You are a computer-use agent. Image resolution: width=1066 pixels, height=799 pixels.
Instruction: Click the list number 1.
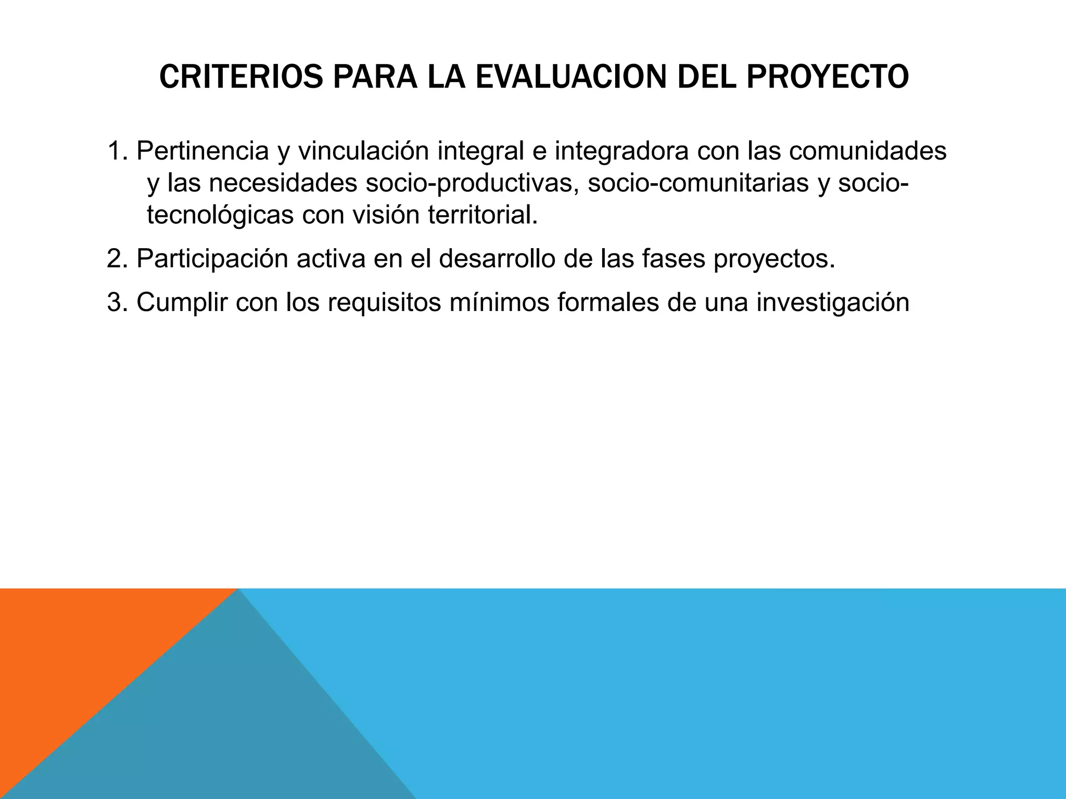[x=115, y=151]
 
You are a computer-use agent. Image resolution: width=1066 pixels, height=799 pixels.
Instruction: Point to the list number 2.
[x=115, y=259]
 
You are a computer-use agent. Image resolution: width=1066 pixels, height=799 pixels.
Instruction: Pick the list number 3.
[x=115, y=302]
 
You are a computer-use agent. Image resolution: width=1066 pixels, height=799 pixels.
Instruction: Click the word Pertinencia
[x=202, y=151]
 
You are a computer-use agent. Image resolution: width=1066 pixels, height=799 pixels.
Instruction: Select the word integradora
[x=621, y=151]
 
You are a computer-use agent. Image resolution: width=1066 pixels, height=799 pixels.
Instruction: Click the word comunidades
[x=867, y=151]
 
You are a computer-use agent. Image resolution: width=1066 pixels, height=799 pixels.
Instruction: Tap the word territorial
[x=483, y=215]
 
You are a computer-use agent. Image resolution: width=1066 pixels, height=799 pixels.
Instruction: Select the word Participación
[x=212, y=259]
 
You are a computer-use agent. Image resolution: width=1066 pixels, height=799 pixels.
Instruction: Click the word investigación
[x=832, y=302]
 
